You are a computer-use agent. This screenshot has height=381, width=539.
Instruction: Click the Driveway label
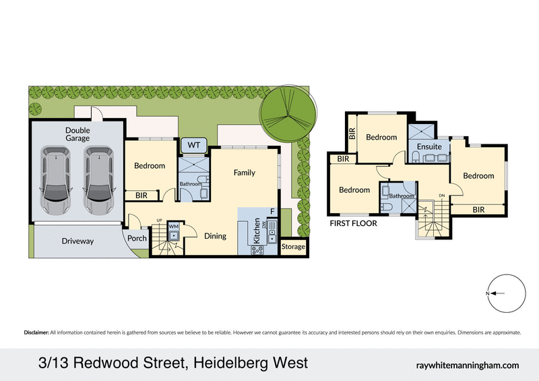click(x=77, y=241)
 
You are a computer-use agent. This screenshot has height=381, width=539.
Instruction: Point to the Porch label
click(x=137, y=238)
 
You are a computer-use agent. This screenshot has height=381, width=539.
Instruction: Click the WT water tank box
click(x=193, y=145)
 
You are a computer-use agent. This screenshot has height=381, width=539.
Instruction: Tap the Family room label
click(x=244, y=173)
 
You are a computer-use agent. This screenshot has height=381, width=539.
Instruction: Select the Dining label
click(x=215, y=236)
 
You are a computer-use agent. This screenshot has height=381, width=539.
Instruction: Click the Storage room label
click(x=293, y=247)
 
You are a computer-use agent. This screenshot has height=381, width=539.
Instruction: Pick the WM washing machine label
click(x=173, y=226)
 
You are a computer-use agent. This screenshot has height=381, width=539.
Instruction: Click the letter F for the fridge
click(x=272, y=212)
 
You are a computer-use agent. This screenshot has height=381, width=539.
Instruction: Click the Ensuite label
click(x=429, y=146)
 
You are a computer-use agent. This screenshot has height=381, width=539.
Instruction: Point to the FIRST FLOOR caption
click(x=353, y=223)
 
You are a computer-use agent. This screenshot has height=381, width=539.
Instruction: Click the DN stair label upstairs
click(x=441, y=196)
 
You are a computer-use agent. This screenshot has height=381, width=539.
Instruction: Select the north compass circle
click(x=505, y=293)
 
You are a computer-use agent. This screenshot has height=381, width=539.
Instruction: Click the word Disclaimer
click(x=36, y=332)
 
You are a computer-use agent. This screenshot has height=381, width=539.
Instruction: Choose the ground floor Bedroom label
click(x=149, y=166)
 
